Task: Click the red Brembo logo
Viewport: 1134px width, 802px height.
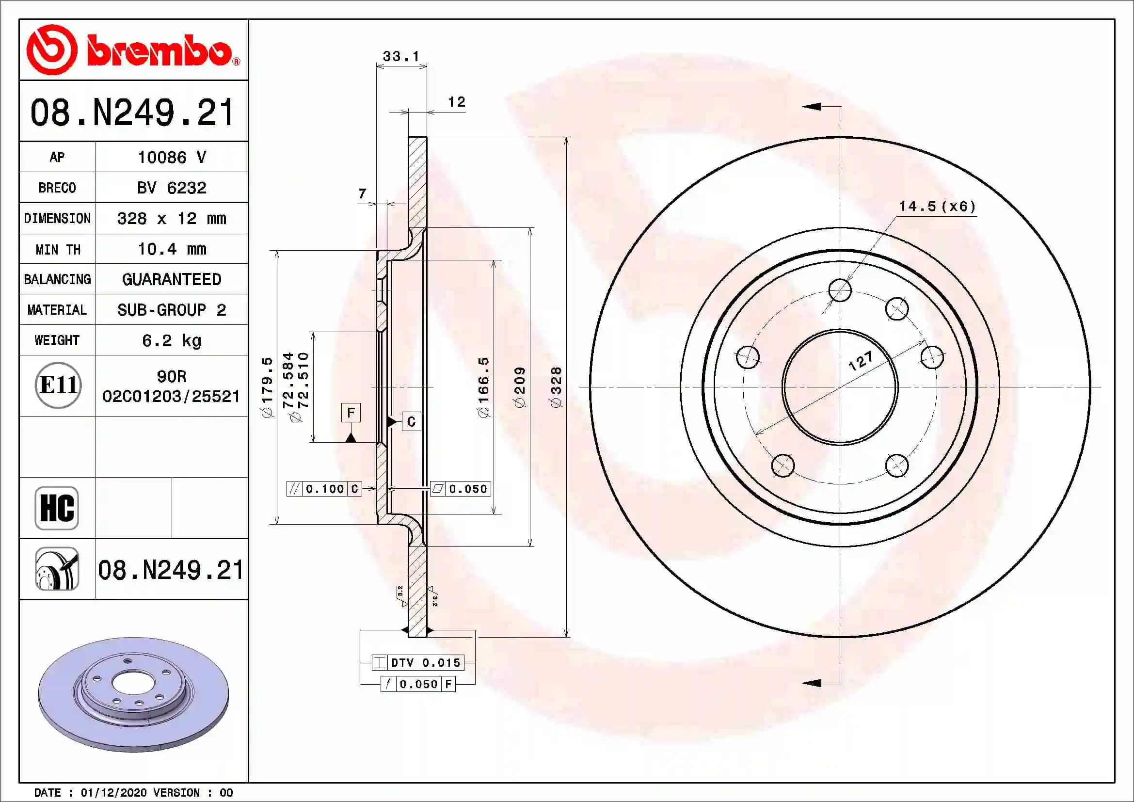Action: pyautogui.click(x=132, y=50)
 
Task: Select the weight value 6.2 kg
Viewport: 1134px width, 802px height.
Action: pyautogui.click(x=171, y=340)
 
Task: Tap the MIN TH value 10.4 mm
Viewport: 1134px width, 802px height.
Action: pyautogui.click(x=171, y=249)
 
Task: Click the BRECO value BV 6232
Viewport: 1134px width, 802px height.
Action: pyautogui.click(x=171, y=188)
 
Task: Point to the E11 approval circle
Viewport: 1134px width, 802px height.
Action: pyautogui.click(x=58, y=385)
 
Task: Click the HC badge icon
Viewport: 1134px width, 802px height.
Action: pyautogui.click(x=57, y=508)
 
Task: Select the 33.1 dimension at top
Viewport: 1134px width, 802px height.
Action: pyautogui.click(x=400, y=56)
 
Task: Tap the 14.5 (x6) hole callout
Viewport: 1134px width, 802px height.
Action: pyautogui.click(x=937, y=207)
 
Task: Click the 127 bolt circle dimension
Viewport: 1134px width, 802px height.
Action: pyautogui.click(x=861, y=361)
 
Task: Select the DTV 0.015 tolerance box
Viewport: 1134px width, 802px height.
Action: pyautogui.click(x=418, y=663)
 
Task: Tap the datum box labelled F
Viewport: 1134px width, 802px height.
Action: pyautogui.click(x=351, y=412)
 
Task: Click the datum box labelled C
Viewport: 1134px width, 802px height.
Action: pyautogui.click(x=411, y=422)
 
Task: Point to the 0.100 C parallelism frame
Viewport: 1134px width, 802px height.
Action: pyautogui.click(x=324, y=489)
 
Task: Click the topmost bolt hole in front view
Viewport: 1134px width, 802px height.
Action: pyautogui.click(x=840, y=290)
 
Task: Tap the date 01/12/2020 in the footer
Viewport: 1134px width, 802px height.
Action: pyautogui.click(x=113, y=793)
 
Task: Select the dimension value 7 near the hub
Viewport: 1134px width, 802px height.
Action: pyautogui.click(x=363, y=193)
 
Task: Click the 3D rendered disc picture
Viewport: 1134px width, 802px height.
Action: pyautogui.click(x=133, y=694)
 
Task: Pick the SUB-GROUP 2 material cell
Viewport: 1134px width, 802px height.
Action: pyautogui.click(x=171, y=310)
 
